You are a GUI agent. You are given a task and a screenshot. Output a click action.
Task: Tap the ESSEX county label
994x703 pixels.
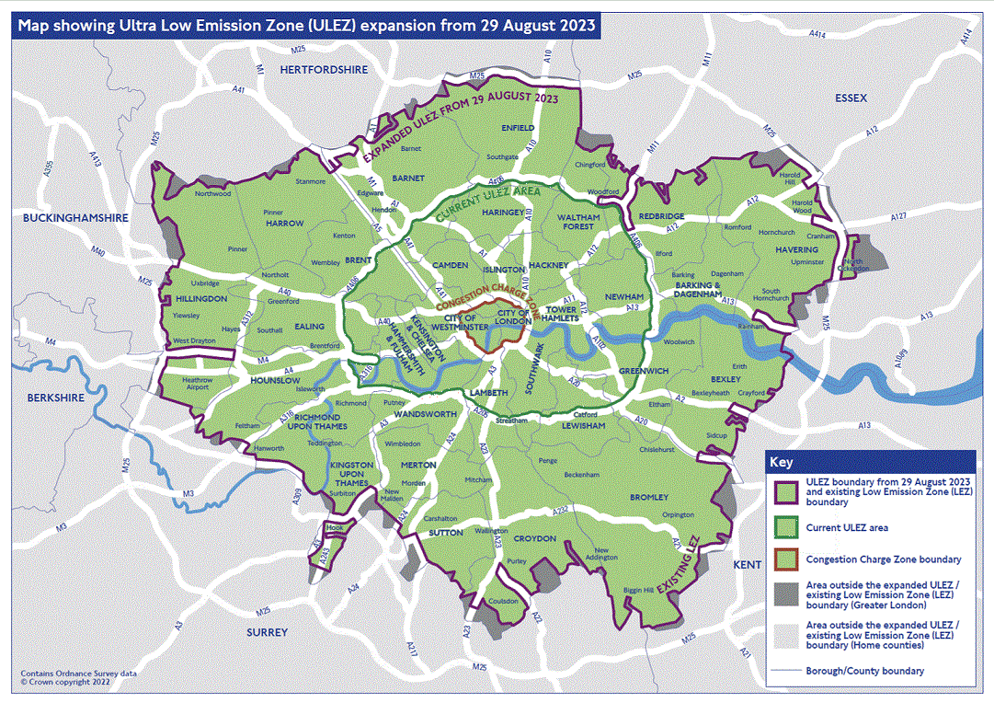coord(851,98)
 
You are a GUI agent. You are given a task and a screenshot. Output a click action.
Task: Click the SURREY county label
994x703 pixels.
coord(267,632)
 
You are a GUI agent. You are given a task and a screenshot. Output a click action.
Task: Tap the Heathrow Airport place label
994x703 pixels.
coord(197,384)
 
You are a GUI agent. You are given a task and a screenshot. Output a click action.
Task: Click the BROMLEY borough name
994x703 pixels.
coord(649,497)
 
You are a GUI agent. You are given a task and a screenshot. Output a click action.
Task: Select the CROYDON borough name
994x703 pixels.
coord(534,538)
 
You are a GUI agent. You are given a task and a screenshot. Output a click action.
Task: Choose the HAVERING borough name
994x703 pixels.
coord(796,249)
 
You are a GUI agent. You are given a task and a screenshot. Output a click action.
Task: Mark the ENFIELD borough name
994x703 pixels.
coord(518,128)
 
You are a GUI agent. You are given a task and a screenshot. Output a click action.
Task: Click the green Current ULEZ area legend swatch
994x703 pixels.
coord(784,528)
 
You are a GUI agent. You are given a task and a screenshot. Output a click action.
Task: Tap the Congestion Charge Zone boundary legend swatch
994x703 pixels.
coord(784,559)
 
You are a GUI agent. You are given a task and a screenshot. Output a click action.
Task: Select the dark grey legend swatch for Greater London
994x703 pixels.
coord(784,594)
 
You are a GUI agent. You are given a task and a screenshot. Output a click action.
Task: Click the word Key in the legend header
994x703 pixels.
coord(781,462)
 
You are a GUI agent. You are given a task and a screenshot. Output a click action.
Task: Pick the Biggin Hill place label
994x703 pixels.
coord(637,589)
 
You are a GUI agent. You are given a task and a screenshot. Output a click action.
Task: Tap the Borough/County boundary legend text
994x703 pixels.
coord(864,671)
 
